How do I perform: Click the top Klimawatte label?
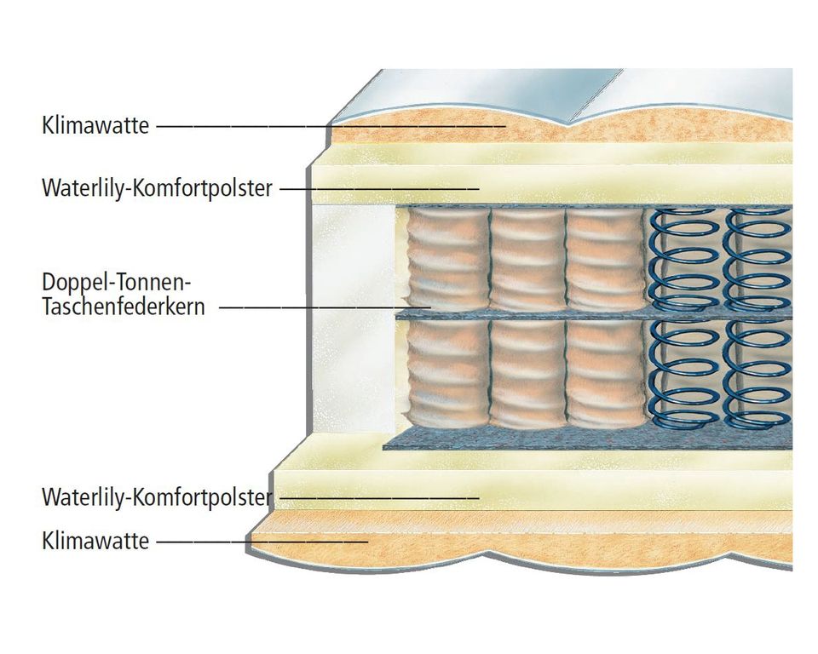point(95,126)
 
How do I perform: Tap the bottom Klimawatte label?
point(95,541)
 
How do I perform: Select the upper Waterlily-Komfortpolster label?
point(157,187)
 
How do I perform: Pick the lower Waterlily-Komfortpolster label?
point(157,496)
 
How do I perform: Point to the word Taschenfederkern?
point(124,307)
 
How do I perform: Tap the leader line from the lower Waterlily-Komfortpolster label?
point(375,496)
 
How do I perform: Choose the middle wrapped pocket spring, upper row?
point(526,260)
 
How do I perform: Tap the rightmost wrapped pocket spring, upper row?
point(604,260)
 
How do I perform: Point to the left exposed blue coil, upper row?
point(682,260)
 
